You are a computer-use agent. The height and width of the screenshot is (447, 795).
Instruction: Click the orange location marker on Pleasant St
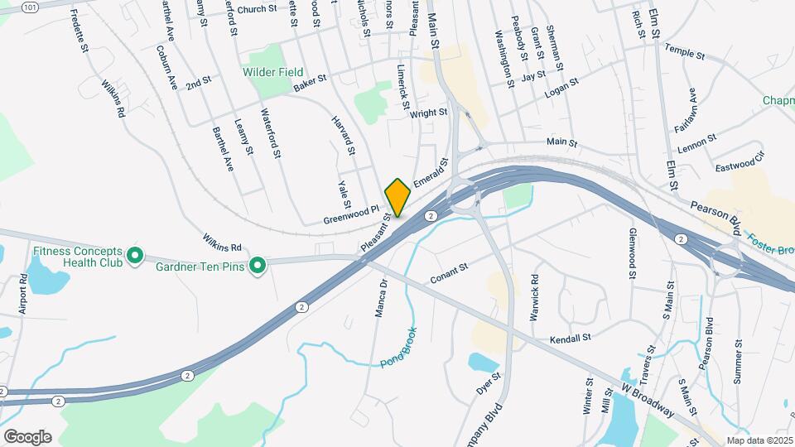pos(397,197)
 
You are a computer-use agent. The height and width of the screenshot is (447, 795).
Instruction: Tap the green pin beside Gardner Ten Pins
pos(258,265)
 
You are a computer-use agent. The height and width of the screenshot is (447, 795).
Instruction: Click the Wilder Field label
pos(272,73)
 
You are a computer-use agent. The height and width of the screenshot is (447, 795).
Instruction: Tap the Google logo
pos(27,436)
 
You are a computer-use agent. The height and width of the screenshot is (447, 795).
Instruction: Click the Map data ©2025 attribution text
pos(759,440)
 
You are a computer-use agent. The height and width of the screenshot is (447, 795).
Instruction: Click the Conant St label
pos(450,274)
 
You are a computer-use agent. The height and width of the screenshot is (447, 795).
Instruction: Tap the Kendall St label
pos(570,339)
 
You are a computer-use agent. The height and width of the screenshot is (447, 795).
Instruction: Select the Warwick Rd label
pos(534,297)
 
